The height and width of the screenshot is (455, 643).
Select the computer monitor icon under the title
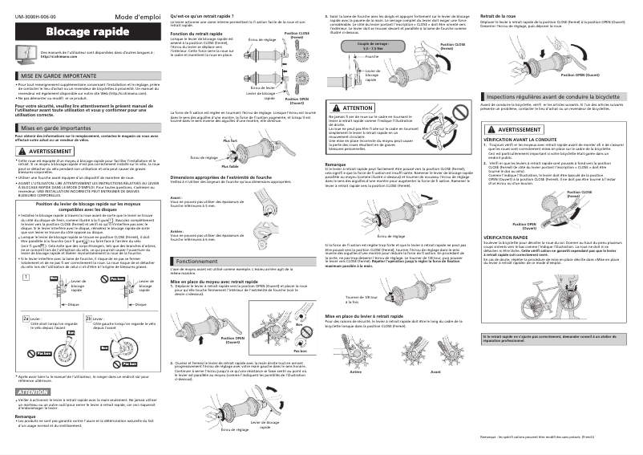(26, 55)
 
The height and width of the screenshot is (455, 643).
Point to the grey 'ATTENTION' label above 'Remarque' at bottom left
(33, 391)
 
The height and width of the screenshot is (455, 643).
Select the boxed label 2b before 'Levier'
(89, 319)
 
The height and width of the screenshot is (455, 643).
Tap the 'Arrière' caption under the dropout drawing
(357, 373)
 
